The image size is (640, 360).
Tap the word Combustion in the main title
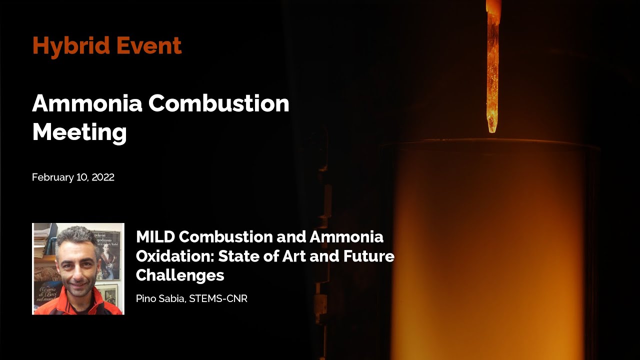tap(218, 103)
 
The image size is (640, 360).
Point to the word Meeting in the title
tap(79, 132)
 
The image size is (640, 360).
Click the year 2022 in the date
tap(103, 177)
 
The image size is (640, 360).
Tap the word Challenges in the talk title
tap(180, 275)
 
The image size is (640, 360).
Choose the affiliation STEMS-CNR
tap(218, 299)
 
